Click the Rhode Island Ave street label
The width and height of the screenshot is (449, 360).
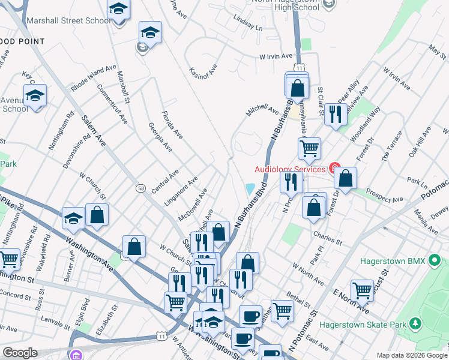coord(92,79)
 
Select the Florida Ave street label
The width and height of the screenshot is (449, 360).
coord(172,124)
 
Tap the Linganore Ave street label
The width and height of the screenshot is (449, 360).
coord(184,190)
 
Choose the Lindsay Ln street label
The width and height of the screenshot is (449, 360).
coord(249,24)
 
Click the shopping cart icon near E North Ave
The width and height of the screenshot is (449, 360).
coord(362,290)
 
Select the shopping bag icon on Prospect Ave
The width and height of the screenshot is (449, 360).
coord(346,178)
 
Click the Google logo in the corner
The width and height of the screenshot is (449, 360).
coord(20,353)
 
